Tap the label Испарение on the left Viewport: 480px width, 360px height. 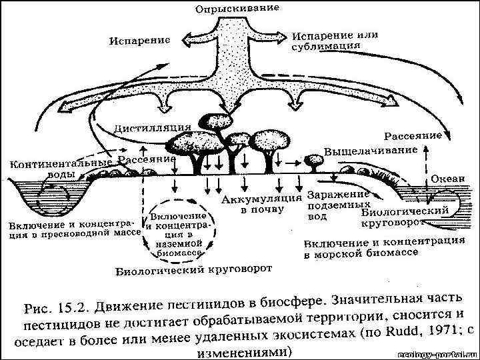point(140,40)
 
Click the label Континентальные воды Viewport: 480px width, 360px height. point(59,167)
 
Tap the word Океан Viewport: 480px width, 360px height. point(444,179)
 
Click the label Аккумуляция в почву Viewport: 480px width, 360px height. point(261,204)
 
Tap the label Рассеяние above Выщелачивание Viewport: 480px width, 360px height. point(413,135)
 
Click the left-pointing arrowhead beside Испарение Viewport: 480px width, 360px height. point(181,41)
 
